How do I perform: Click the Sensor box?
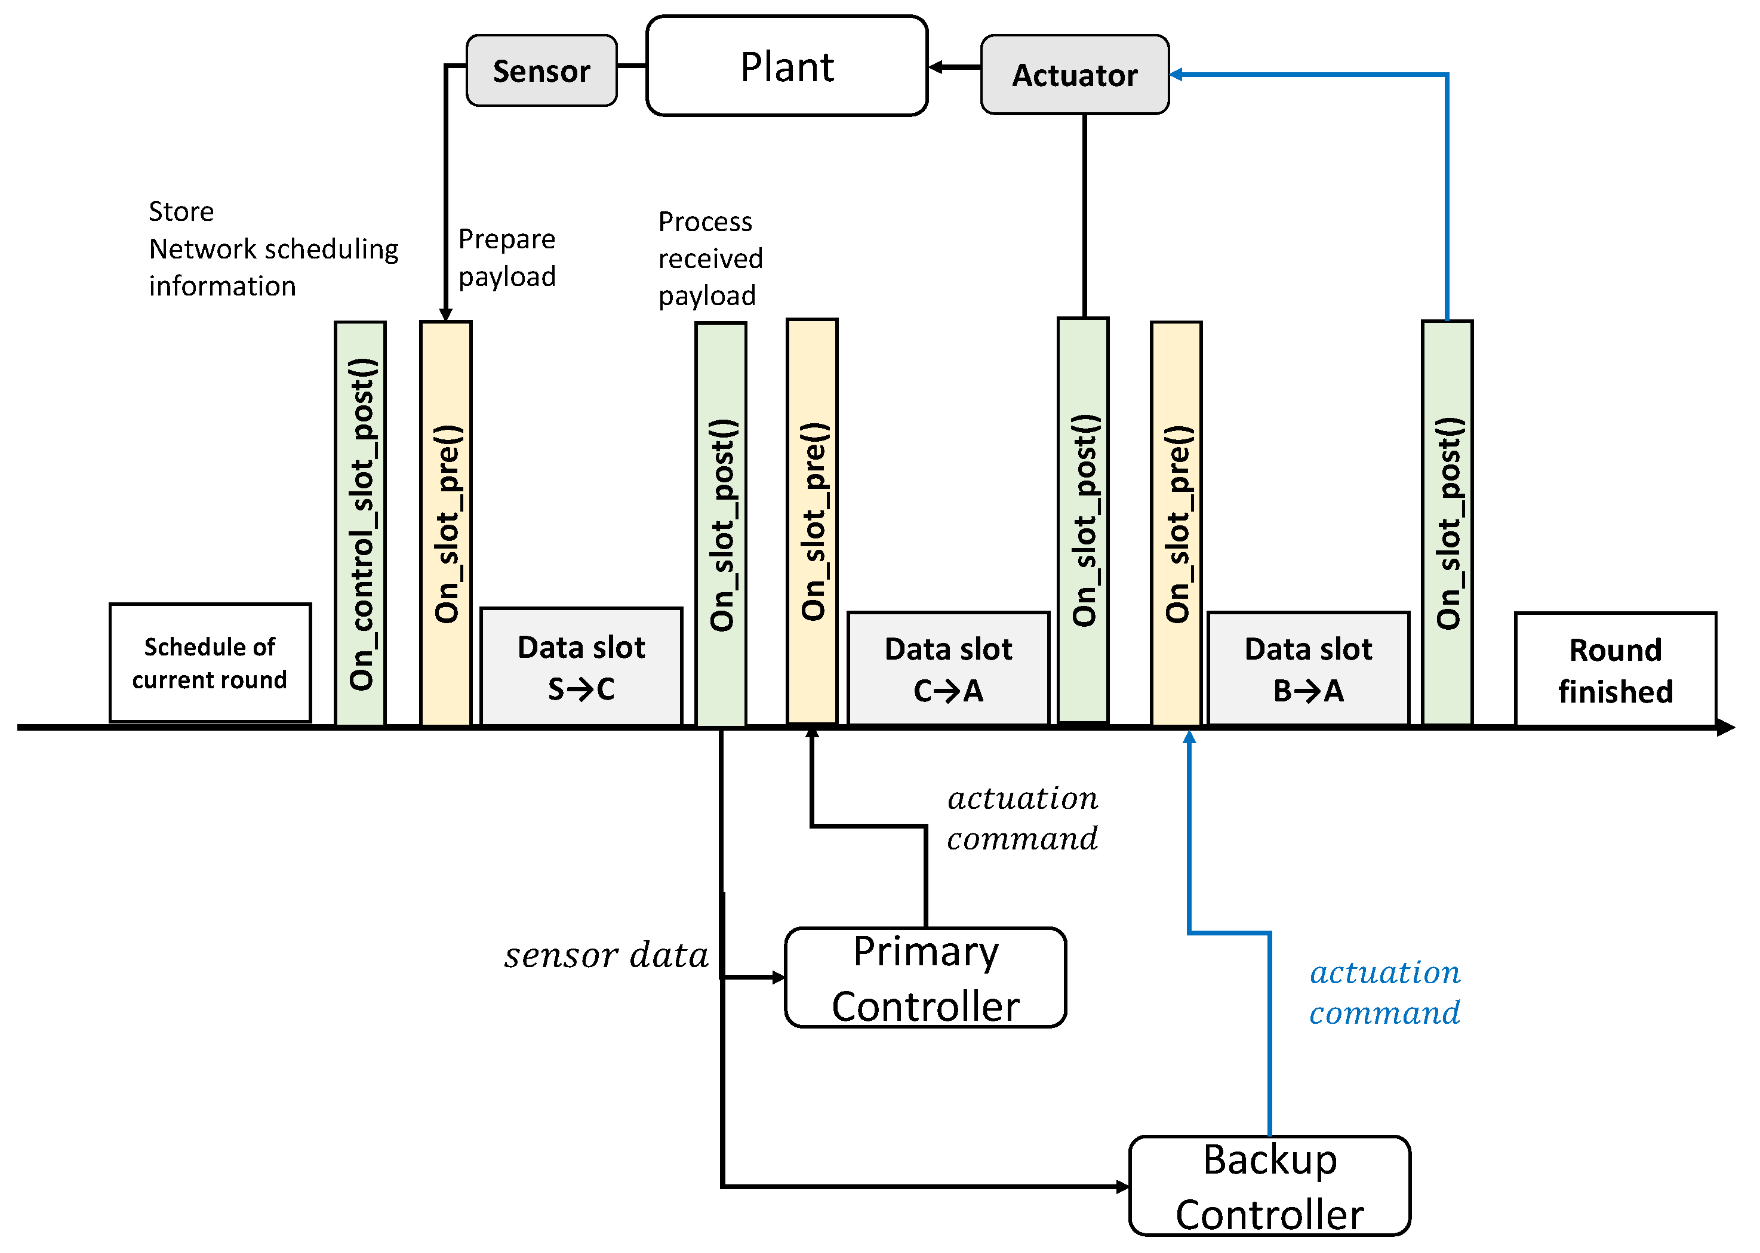pyautogui.click(x=541, y=70)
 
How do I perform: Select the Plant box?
pyautogui.click(x=786, y=66)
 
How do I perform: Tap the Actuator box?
pyautogui.click(x=1074, y=75)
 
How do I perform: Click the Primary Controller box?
pyautogui.click(x=925, y=978)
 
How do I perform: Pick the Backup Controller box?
pyautogui.click(x=1269, y=1186)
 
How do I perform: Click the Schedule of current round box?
pyautogui.click(x=210, y=663)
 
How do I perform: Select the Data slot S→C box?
pyautogui.click(x=581, y=667)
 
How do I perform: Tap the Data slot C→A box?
pyautogui.click(x=947, y=669)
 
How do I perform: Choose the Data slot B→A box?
pyautogui.click(x=1308, y=669)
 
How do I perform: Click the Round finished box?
pyautogui.click(x=1615, y=670)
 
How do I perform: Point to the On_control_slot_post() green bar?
pyautogui.click(x=361, y=523)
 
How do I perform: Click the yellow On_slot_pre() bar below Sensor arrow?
pyautogui.click(x=446, y=523)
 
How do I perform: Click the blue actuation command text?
pyautogui.click(x=1384, y=992)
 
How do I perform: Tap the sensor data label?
pyautogui.click(x=607, y=956)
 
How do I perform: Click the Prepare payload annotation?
pyautogui.click(x=506, y=258)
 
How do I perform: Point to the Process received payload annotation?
pyautogui.click(x=709, y=258)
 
